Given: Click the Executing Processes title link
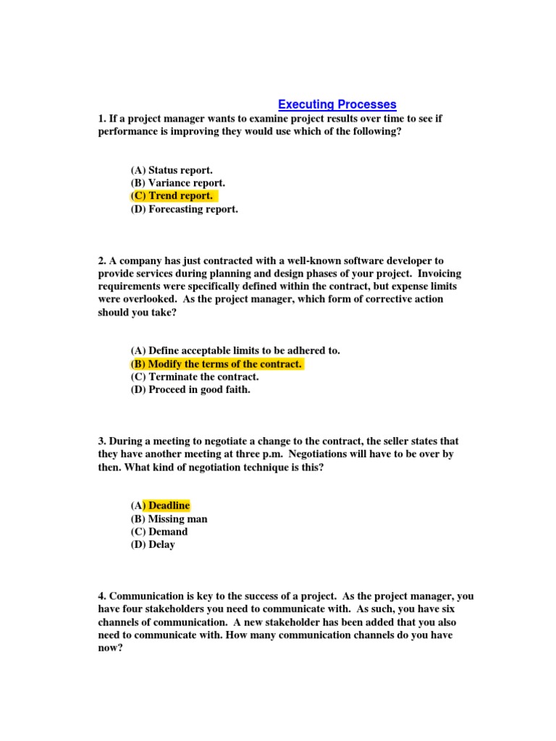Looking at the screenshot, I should click(x=337, y=105).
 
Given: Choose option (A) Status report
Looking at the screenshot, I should click(x=172, y=170).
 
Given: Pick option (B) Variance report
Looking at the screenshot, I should click(x=177, y=183).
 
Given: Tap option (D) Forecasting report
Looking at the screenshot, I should click(x=184, y=209).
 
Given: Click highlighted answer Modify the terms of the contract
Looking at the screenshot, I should click(x=216, y=364).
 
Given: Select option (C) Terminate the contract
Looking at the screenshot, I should click(x=194, y=377).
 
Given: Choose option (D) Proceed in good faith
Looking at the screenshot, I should click(x=190, y=390).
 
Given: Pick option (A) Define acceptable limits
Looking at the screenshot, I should click(x=235, y=351).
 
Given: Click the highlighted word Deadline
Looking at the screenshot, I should click(x=169, y=506).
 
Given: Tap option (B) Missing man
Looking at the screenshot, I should click(x=169, y=519).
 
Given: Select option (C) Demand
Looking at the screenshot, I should click(x=159, y=532).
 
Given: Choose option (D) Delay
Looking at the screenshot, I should click(x=153, y=545).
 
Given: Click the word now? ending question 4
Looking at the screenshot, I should click(x=111, y=648).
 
